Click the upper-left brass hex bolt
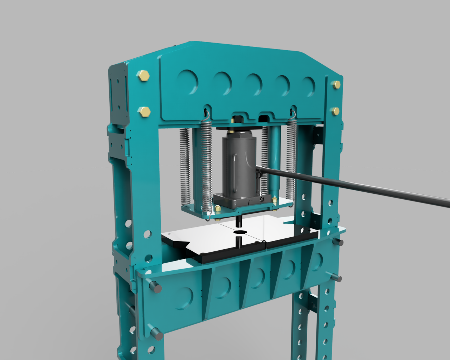[x=143, y=76]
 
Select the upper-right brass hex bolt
[x=336, y=84]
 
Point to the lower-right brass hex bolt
[x=335, y=112]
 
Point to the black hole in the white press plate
[x=240, y=232]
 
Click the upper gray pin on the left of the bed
[x=155, y=287]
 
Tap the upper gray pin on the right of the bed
[x=339, y=242]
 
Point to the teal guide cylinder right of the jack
[x=275, y=158]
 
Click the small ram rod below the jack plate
[x=239, y=221]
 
